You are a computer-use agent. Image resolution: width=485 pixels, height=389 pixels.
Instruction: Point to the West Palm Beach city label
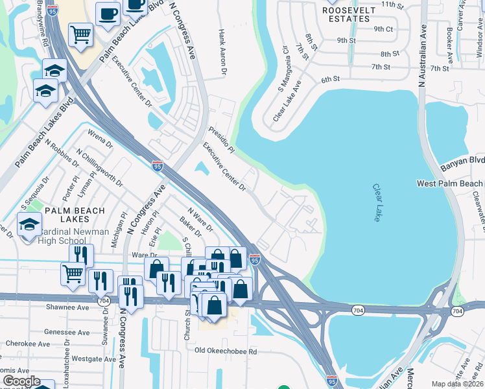pyautogui.click(x=450, y=184)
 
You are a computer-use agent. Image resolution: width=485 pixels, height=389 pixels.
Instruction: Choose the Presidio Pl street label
pyautogui.click(x=221, y=138)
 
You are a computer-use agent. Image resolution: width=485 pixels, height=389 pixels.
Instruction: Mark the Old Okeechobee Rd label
pyautogui.click(x=226, y=351)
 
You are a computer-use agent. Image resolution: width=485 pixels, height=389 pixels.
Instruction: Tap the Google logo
pyautogui.click(x=22, y=381)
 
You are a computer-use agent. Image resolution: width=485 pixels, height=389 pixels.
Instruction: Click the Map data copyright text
pyautogui.click(x=457, y=384)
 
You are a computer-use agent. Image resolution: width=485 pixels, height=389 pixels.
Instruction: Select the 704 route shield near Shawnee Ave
pyautogui.click(x=104, y=301)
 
